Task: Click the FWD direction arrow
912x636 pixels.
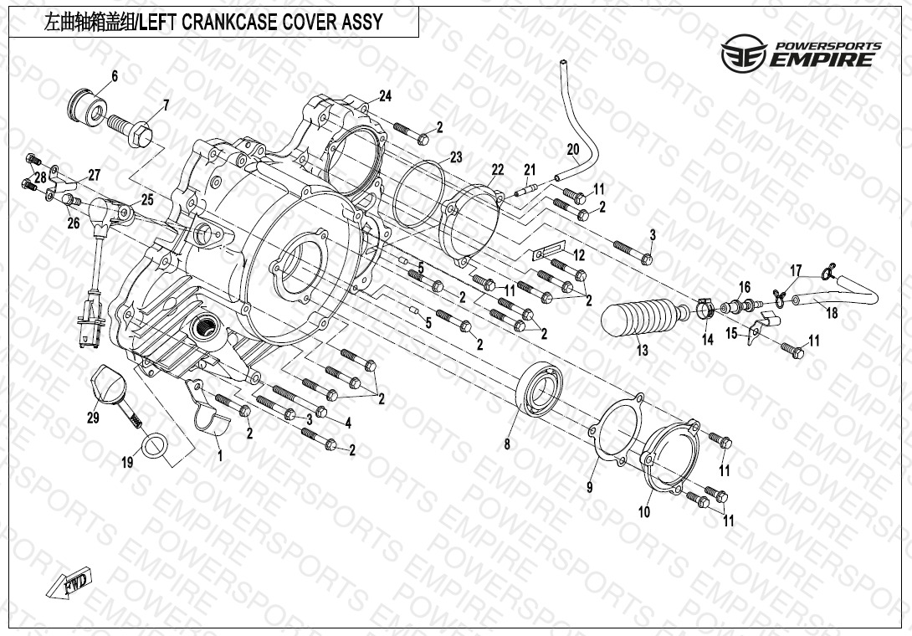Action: coord(76,582)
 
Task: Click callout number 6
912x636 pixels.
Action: coord(115,76)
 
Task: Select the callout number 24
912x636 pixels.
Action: coord(385,95)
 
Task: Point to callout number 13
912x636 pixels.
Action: coord(642,351)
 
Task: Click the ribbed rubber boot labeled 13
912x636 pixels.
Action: coord(641,319)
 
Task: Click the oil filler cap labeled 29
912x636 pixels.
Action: coord(106,383)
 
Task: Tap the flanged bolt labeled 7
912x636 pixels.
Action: coord(132,128)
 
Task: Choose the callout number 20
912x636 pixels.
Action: coord(573,151)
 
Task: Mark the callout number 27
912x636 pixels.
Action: coord(94,175)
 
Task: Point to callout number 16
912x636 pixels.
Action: coord(744,287)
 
